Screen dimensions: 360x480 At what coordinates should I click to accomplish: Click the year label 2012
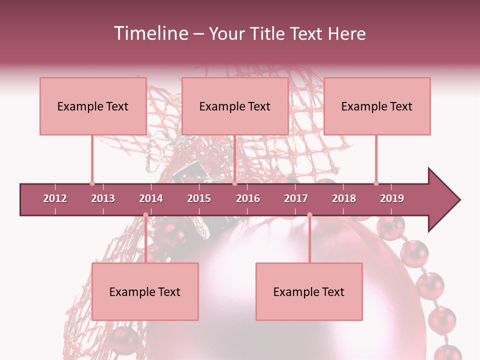(x=55, y=198)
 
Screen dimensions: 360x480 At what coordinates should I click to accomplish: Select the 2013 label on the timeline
(x=103, y=198)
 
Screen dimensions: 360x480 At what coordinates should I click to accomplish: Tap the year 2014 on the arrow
(x=151, y=198)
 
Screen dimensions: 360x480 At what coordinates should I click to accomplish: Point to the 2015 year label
(x=199, y=198)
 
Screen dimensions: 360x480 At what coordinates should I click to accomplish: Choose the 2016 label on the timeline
(x=248, y=198)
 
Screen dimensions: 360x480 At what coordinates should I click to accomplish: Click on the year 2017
(x=296, y=198)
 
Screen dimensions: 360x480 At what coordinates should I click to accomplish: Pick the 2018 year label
(x=344, y=198)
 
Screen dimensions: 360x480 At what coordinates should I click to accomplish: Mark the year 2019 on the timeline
(x=392, y=198)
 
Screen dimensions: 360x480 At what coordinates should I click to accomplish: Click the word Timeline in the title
(x=150, y=33)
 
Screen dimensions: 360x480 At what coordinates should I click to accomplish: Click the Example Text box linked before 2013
(x=93, y=106)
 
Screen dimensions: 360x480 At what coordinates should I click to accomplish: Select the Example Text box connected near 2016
(x=235, y=106)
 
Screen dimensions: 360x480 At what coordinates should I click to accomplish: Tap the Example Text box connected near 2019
(x=377, y=106)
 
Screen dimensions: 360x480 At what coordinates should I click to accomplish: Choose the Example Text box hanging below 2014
(x=145, y=291)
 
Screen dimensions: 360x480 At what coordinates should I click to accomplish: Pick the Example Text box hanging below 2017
(x=309, y=291)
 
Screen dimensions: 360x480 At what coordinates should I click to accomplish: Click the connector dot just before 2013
(x=92, y=183)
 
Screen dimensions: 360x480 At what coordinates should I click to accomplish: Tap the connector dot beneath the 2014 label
(x=145, y=215)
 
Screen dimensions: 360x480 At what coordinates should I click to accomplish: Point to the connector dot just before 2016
(x=234, y=183)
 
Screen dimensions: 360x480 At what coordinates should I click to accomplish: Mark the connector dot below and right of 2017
(x=309, y=215)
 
